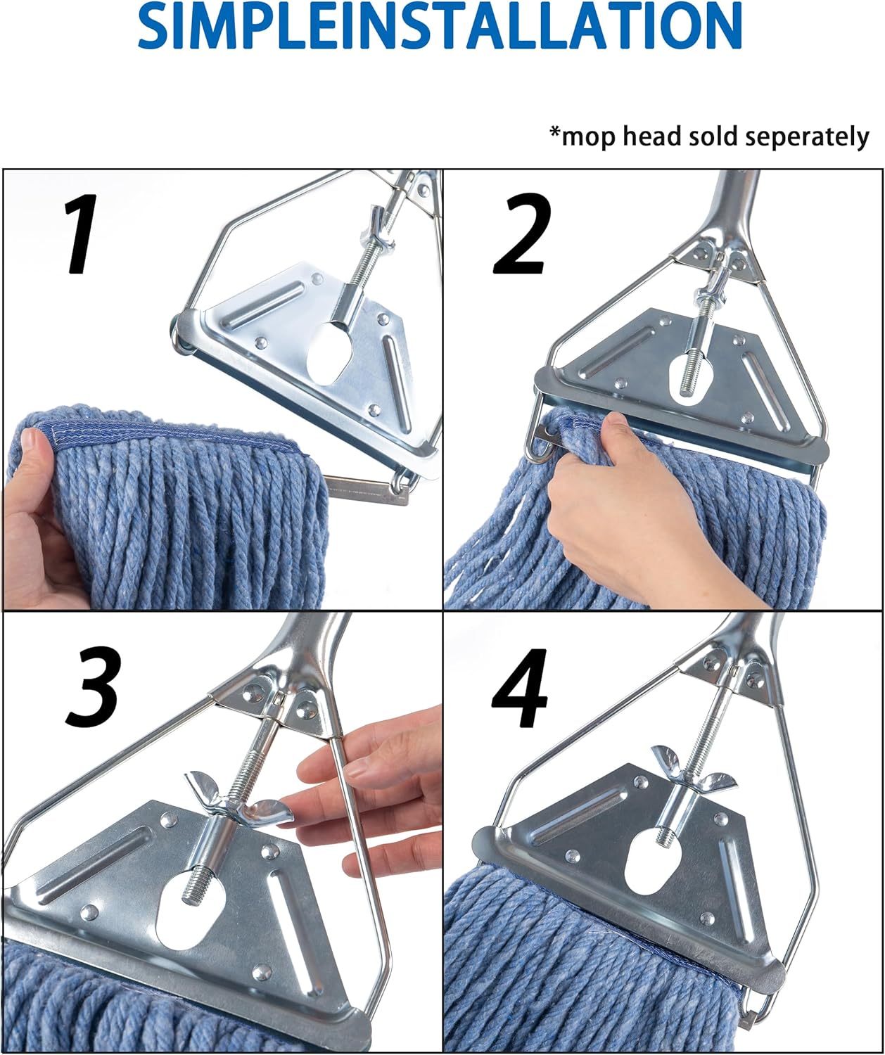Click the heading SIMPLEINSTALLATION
tap(439, 26)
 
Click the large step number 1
tap(80, 234)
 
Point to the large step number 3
tap(94, 688)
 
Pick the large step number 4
tap(521, 688)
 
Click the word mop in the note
tap(589, 137)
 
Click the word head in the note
tap(649, 136)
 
